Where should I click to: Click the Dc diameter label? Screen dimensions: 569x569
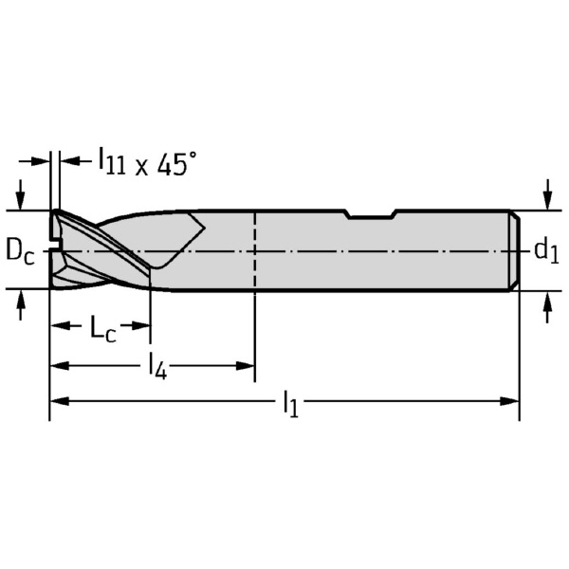[x=20, y=251]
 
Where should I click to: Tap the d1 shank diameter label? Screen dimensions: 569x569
[x=546, y=251]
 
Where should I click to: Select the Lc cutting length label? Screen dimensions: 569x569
[x=102, y=328]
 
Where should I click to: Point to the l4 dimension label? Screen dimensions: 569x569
[x=157, y=368]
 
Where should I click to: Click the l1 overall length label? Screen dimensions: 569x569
[x=290, y=404]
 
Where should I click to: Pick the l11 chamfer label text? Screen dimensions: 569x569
[x=112, y=161]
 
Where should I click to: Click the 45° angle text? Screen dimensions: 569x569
[x=176, y=164]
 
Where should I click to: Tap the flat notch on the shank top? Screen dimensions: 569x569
[x=372, y=215]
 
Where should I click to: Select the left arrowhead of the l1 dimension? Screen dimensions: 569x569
[x=59, y=401]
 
